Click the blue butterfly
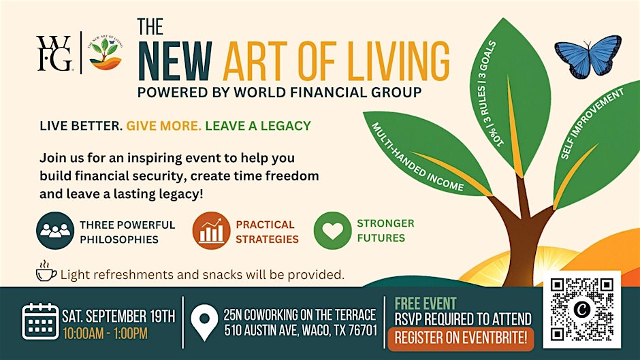pos(588,56)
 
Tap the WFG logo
pos(54,54)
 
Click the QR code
pos(581,310)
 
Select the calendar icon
pos(40,321)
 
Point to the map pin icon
pos(204,322)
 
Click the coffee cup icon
pos(46,272)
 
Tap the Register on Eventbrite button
pos(460,338)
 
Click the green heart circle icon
pos(333,231)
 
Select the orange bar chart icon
pos(212,231)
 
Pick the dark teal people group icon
pos(55,231)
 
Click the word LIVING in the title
pos(389,61)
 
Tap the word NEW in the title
pos(175,61)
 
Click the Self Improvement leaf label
pos(592,123)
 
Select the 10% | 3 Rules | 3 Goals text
pos(491,93)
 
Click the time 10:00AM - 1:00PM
pos(105,334)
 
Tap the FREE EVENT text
pos(426,304)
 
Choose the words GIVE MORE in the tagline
pos(163,126)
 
